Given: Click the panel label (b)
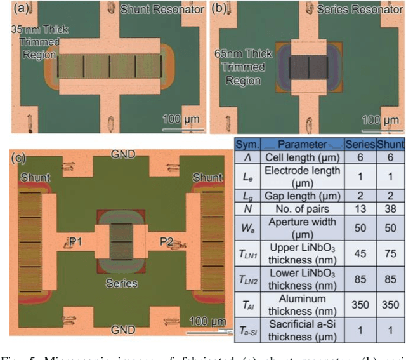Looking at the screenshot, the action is (x=219, y=9).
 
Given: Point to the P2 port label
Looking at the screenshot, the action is (x=167, y=243).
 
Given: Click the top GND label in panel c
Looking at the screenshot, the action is (x=122, y=154).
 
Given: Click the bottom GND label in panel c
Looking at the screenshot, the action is (x=122, y=330).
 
